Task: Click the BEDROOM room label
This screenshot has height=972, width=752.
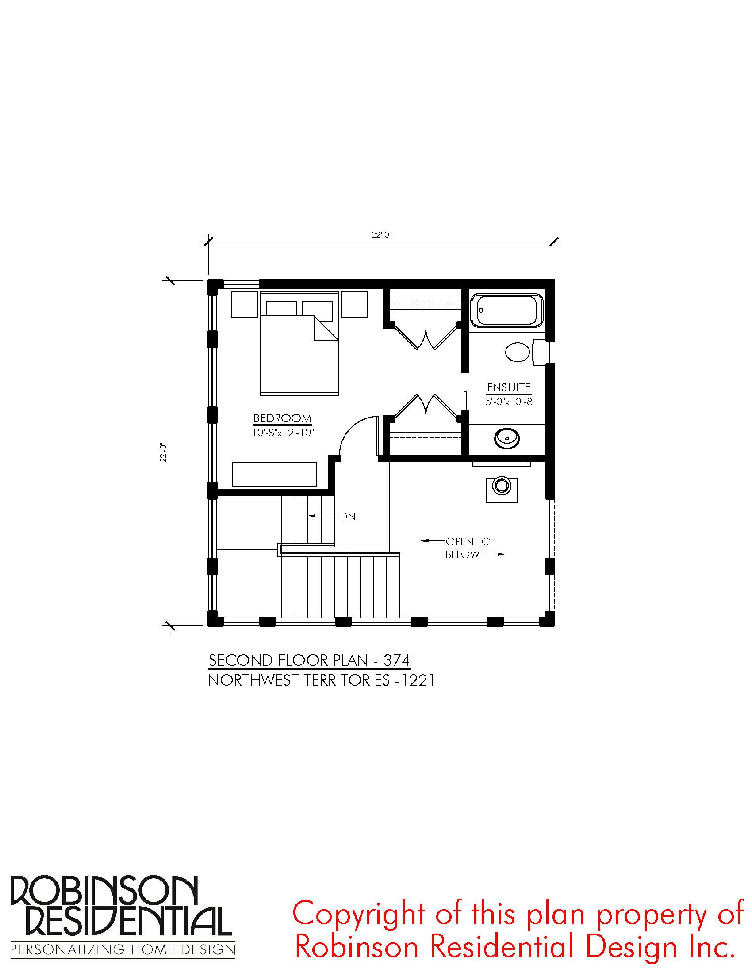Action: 283,418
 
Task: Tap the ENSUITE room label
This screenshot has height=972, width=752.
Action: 508,387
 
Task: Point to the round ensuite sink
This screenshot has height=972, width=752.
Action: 507,438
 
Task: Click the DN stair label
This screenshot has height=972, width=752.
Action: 348,517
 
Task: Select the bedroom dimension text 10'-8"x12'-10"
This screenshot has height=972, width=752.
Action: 283,432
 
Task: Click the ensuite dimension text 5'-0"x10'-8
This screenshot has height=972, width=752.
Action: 509,402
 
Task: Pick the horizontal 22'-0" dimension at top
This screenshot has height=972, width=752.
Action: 381,235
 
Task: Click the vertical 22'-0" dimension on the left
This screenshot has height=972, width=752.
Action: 164,452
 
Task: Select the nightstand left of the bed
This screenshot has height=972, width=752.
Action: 245,304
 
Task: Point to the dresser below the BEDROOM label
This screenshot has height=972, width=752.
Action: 274,475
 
